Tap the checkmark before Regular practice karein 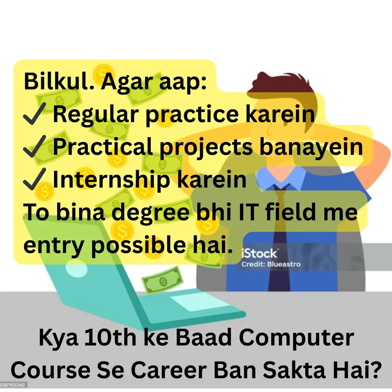coord(35,114)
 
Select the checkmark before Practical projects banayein coord(35,147)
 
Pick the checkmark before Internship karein coord(35,180)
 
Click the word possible coord(141,245)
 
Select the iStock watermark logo coord(260,253)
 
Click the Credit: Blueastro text coord(271,264)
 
